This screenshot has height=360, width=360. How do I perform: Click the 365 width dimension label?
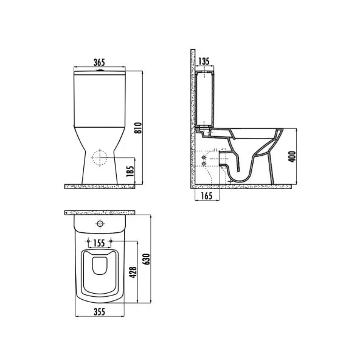(x=99, y=62)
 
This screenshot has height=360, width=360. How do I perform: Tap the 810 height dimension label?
(x=138, y=128)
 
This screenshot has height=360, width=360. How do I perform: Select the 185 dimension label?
(x=130, y=171)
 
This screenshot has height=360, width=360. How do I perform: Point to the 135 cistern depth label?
(x=204, y=61)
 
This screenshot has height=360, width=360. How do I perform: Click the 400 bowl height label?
(x=292, y=156)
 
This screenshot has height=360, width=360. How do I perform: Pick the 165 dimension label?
(x=207, y=196)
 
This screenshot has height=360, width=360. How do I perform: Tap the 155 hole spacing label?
(x=99, y=243)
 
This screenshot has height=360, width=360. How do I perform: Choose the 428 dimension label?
(x=133, y=272)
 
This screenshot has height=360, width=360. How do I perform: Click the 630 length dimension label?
(x=146, y=259)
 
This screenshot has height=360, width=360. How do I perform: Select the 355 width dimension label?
(x=99, y=312)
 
